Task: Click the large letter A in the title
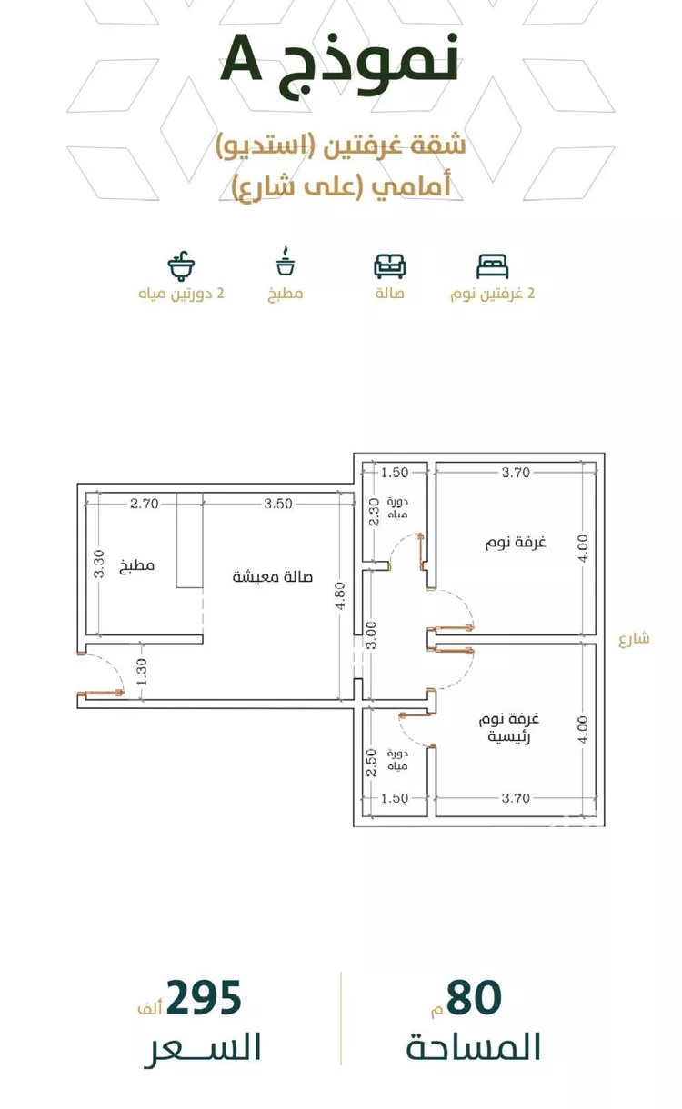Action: tap(241, 58)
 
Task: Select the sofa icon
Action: tap(389, 265)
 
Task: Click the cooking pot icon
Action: tap(286, 261)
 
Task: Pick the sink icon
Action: tap(181, 265)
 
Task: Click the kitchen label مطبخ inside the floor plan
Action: tap(137, 564)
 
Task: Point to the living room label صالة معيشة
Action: tap(273, 577)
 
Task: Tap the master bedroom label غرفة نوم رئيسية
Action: tap(508, 728)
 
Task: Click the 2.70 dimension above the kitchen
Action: tap(144, 504)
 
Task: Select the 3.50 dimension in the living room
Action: tap(278, 504)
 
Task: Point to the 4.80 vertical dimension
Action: tap(341, 596)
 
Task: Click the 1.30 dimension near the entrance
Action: tap(142, 672)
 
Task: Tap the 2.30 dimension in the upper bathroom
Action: tap(375, 512)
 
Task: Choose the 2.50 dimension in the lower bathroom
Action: tap(372, 763)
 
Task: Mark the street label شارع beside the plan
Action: tap(634, 639)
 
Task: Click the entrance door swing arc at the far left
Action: tap(110, 665)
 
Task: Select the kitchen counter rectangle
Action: tap(190, 540)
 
